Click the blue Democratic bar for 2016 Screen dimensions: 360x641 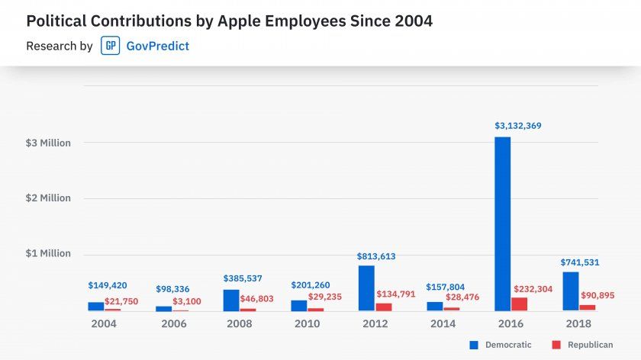click(502, 223)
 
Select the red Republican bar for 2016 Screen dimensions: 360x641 click(520, 304)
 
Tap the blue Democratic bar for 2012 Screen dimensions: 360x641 click(366, 288)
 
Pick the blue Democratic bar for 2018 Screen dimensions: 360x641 click(570, 291)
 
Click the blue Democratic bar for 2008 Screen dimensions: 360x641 click(231, 300)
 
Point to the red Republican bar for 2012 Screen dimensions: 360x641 click(384, 307)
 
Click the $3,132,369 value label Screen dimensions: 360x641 click(518, 125)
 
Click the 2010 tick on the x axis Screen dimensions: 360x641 click(307, 323)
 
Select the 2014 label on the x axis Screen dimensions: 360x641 click(443, 323)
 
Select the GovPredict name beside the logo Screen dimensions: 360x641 click(157, 46)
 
